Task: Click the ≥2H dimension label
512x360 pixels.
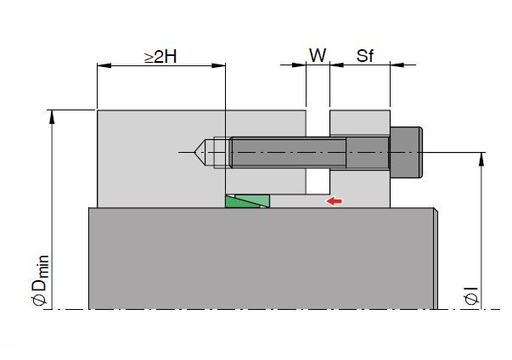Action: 161,56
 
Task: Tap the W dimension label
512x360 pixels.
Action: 318,55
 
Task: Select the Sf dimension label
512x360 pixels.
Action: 364,55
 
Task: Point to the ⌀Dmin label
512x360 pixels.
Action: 41,280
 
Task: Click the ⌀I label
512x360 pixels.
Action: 472,295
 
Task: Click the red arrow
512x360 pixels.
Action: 334,201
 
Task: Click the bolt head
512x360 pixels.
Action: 406,152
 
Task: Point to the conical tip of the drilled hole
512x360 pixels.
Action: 200,152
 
